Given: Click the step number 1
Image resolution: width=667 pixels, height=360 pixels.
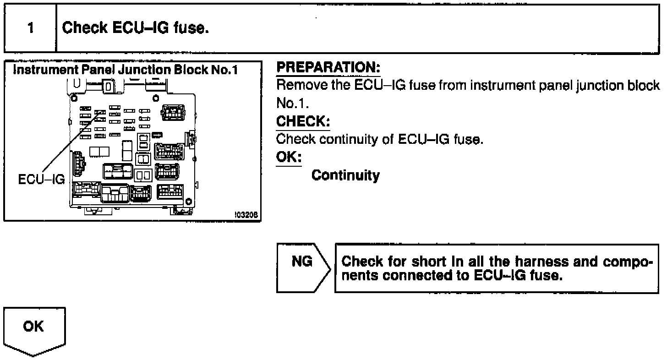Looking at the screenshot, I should click(30, 28).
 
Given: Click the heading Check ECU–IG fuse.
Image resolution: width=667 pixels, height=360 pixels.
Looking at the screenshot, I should click(136, 28).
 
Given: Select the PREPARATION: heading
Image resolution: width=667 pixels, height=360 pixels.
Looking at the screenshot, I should click(328, 68).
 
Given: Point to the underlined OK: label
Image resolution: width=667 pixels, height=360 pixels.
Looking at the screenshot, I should click(289, 157).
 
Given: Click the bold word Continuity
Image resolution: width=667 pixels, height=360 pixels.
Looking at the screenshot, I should click(345, 175).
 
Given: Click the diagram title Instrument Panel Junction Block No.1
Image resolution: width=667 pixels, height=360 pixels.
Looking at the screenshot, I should click(131, 71).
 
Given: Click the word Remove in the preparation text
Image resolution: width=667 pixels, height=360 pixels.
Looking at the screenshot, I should click(299, 86).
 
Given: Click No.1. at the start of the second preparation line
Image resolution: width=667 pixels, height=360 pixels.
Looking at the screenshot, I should click(288, 104).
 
